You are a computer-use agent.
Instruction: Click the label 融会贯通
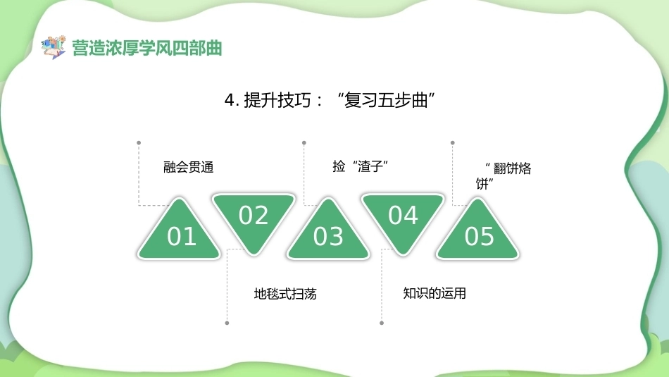click(x=188, y=167)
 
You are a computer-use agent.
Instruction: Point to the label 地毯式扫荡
click(x=285, y=294)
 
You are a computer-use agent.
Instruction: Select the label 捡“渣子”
click(x=360, y=166)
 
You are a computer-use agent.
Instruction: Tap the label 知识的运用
click(x=434, y=293)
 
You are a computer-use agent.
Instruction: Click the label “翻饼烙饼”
click(x=504, y=176)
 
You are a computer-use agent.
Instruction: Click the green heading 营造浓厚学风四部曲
click(x=147, y=48)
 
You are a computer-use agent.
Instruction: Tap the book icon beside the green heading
click(x=54, y=47)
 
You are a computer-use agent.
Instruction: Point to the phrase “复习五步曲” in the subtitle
click(x=386, y=101)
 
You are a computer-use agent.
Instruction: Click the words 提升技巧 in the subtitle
click(x=277, y=101)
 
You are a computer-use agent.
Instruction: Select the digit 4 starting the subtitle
click(x=230, y=101)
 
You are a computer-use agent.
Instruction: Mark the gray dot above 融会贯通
click(x=139, y=142)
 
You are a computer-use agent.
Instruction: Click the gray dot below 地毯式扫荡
click(x=227, y=323)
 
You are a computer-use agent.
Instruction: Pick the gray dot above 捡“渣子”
click(x=304, y=142)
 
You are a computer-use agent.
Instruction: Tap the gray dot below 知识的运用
click(x=382, y=323)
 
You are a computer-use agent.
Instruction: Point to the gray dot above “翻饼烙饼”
click(x=453, y=142)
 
